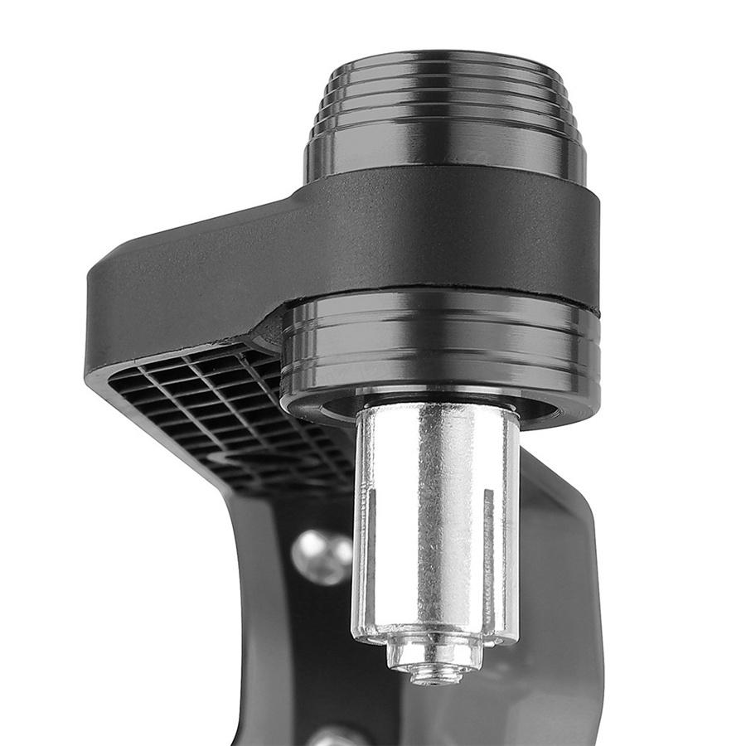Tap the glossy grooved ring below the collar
(439, 348)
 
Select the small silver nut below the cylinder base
(434, 655)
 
